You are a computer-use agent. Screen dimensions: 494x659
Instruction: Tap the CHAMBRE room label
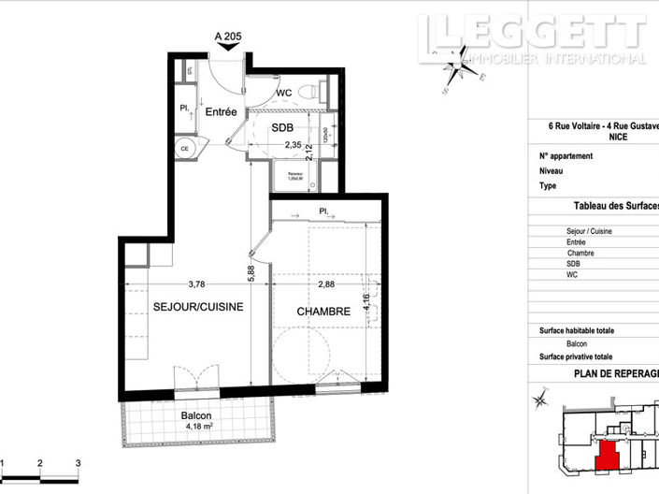click(323, 312)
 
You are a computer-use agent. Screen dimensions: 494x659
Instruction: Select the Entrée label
click(222, 111)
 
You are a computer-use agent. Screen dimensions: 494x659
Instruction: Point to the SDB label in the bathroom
click(282, 128)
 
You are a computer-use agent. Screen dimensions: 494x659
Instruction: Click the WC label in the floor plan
click(286, 94)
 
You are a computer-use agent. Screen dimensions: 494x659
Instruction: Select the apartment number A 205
click(229, 36)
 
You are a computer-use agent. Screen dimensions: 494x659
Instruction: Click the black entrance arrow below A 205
click(228, 51)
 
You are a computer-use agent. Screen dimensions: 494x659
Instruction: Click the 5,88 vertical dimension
click(251, 271)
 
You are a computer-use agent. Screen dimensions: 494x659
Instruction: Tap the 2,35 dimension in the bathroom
click(293, 145)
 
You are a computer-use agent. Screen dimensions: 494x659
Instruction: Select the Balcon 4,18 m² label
click(196, 422)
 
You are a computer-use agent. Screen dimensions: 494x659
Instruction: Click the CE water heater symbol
click(185, 149)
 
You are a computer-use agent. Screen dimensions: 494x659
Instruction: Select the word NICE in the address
click(618, 137)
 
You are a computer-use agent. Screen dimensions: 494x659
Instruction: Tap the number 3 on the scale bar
click(79, 463)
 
